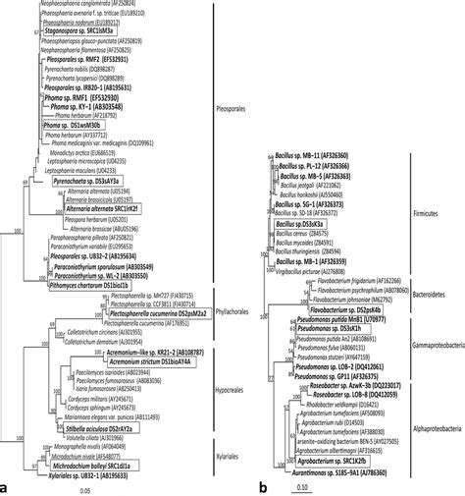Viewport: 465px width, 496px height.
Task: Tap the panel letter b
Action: click(267, 485)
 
